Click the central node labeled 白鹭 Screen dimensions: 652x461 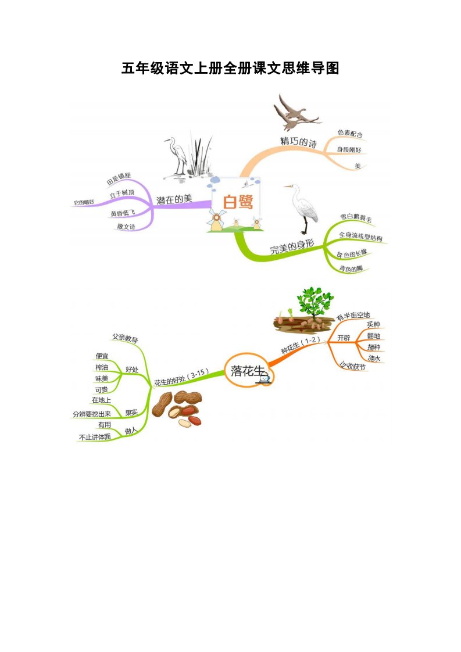coord(238,202)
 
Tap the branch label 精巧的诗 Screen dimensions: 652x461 coord(298,142)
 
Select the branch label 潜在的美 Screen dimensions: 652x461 coord(174,199)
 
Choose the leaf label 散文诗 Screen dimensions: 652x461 coord(126,227)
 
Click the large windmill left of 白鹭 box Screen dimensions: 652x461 coord(216,220)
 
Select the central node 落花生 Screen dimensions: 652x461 coord(248,370)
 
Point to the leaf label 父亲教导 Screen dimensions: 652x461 coord(124,338)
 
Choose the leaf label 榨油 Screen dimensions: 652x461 coord(102,368)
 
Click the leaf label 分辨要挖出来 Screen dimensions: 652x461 coord(91,414)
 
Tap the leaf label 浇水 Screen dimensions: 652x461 coord(374,359)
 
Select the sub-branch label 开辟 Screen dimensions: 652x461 coord(344,338)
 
